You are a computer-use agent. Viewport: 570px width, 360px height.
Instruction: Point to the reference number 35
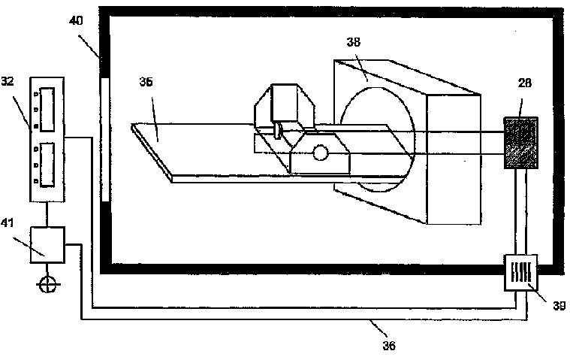(146, 82)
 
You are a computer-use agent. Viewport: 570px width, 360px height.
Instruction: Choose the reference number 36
(388, 346)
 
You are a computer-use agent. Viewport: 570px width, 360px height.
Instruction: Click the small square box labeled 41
(48, 244)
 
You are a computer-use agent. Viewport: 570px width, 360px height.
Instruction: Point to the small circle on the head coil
(321, 153)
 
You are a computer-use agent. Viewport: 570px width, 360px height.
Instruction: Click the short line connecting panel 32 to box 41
(48, 214)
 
